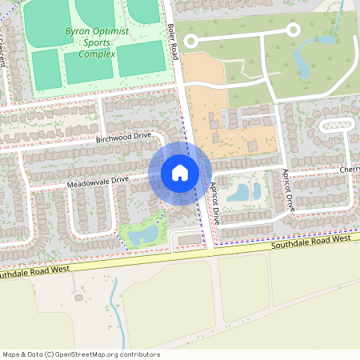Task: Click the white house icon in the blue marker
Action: click(x=180, y=173)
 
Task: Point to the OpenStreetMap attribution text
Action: click(x=81, y=354)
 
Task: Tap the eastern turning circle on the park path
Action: click(x=293, y=30)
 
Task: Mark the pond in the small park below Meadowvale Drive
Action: click(x=146, y=235)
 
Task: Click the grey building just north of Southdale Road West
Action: click(x=189, y=239)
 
